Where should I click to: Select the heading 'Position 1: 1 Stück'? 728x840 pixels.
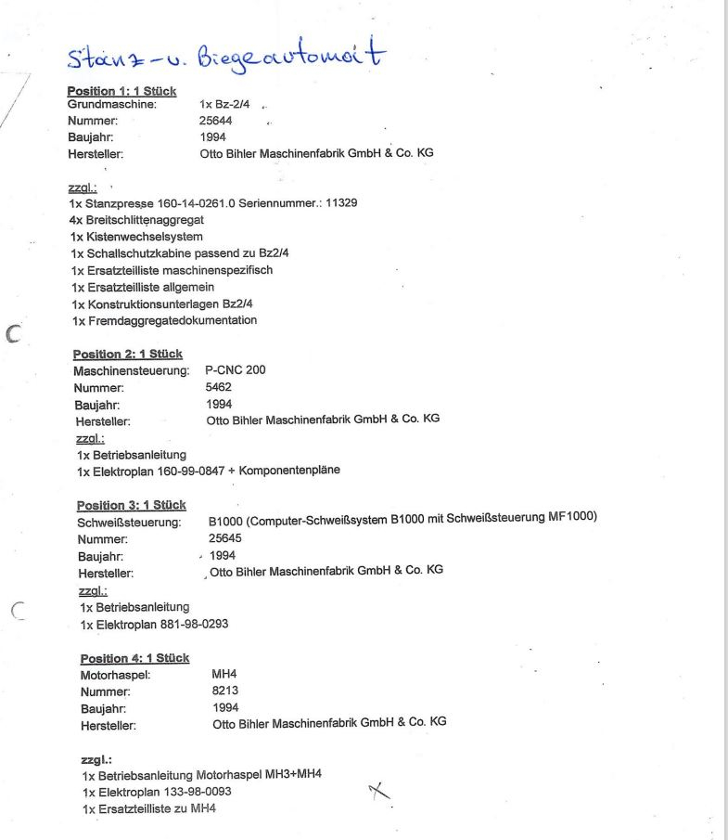[x=121, y=91]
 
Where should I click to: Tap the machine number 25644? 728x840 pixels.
[x=216, y=121]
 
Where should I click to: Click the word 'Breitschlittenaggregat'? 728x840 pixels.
[x=144, y=220]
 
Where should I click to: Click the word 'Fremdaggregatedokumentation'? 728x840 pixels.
[x=172, y=320]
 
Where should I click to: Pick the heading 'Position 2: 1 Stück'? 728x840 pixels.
[x=127, y=354]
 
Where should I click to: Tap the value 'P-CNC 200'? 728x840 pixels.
[x=235, y=370]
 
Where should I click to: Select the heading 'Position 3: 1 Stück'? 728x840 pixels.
[x=131, y=505]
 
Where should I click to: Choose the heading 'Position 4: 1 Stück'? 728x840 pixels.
[x=134, y=658]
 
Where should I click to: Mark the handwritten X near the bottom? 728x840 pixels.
[x=378, y=791]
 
